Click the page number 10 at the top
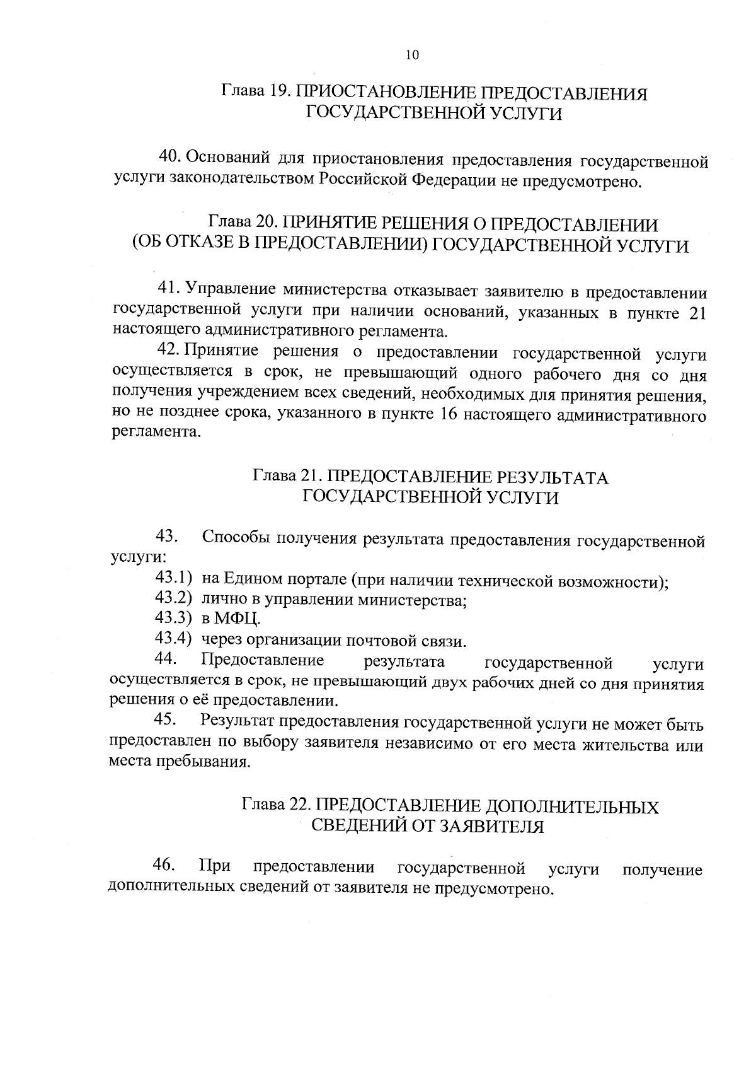[411, 55]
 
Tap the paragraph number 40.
[169, 156]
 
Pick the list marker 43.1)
[173, 578]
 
